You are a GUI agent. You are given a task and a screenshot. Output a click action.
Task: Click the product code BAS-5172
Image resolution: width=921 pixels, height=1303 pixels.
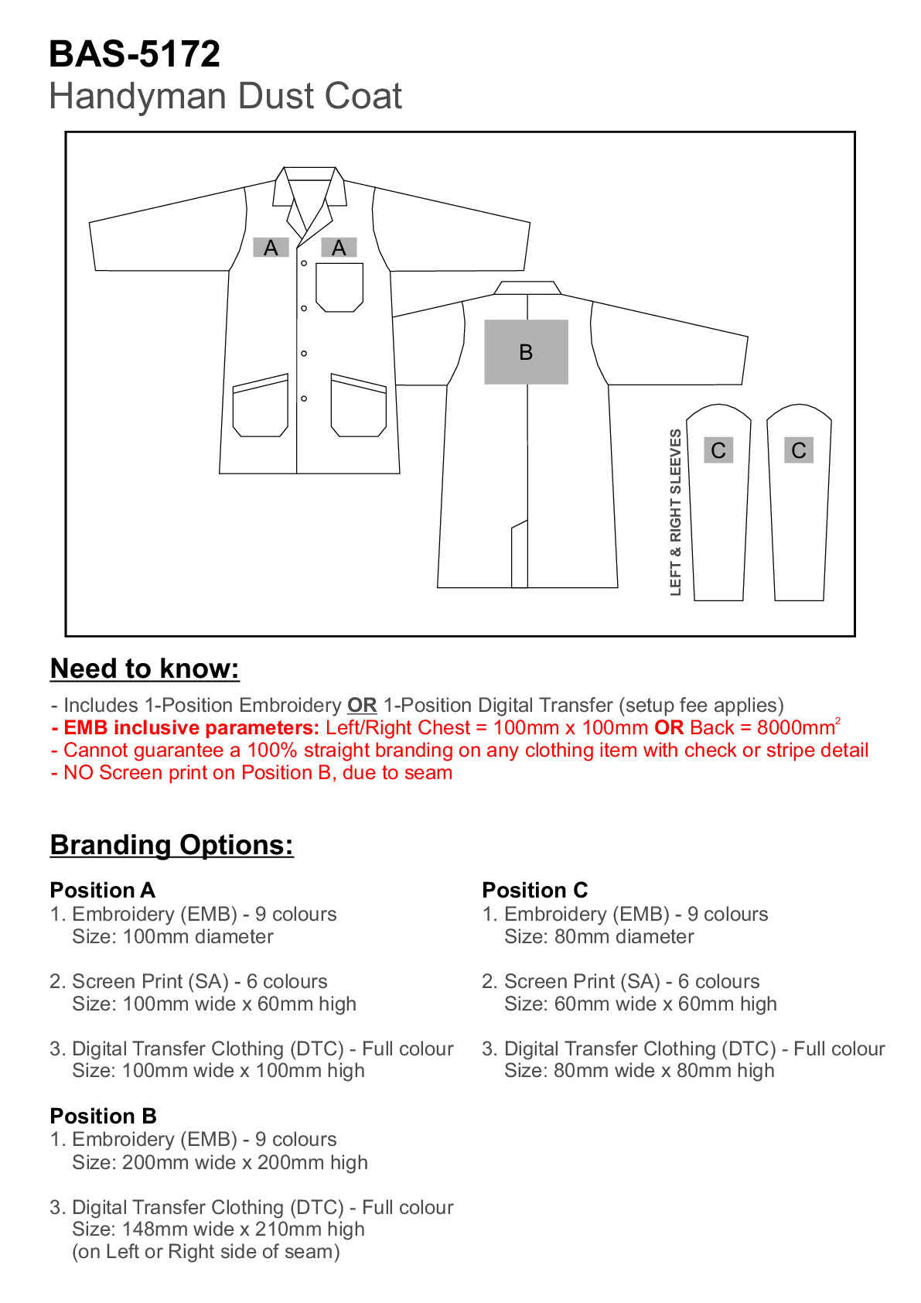135,54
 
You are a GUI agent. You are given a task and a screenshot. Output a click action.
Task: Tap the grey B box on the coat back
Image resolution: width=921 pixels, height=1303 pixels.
526,352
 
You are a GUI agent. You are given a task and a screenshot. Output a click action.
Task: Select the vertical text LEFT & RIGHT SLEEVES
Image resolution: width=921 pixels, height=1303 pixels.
676,512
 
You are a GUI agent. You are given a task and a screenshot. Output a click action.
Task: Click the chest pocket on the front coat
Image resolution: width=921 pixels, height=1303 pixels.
339,287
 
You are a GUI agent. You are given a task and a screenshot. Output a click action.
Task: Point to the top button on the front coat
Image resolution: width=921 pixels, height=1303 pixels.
304,264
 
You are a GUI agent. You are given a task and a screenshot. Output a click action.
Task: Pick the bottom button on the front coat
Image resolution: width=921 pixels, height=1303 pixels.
304,398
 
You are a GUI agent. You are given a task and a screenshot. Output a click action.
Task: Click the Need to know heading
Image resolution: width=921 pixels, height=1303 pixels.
145,669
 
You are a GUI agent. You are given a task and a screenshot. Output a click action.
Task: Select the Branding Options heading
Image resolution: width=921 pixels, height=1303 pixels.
172,845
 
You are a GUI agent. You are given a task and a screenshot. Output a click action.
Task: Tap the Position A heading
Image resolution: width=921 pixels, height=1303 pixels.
102,890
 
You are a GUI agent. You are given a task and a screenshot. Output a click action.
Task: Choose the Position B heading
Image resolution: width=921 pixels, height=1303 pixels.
103,1116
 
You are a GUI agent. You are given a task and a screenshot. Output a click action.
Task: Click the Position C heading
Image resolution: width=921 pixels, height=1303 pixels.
534,890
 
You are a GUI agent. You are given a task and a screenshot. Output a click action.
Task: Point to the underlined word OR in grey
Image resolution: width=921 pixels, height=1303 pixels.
362,706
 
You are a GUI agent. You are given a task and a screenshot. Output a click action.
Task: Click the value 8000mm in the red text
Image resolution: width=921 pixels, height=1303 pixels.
796,728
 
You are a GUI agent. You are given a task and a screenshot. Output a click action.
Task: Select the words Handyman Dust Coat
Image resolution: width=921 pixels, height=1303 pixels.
225,97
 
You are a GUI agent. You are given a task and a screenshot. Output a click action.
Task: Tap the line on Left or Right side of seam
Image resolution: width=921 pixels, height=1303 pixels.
206,1252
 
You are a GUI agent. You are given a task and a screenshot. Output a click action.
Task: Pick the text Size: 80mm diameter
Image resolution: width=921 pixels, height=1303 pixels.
599,937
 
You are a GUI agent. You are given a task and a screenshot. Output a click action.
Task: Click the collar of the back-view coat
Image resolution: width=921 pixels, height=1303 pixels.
527,288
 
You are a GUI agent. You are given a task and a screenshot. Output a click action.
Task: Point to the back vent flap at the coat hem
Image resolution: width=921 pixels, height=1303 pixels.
519,556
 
